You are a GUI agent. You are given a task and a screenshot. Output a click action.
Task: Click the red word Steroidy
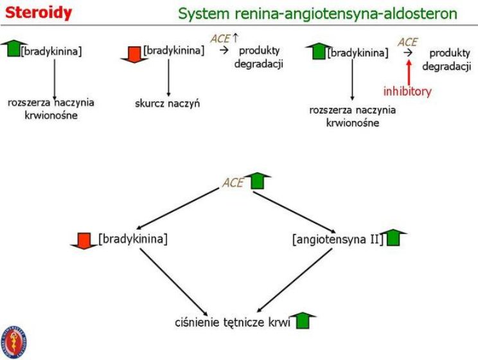point(39,13)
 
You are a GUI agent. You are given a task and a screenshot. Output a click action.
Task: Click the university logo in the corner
point(14,342)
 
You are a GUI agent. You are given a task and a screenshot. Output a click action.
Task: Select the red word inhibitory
point(407,91)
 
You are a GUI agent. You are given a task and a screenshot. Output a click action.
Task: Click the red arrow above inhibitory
point(409,72)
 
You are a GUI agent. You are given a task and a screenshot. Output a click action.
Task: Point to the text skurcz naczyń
point(167,104)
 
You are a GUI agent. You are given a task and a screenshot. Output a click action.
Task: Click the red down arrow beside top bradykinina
point(134,55)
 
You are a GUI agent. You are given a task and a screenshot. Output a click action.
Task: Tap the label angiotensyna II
point(337,239)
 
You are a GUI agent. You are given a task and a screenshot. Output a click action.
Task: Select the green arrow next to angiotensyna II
point(394,237)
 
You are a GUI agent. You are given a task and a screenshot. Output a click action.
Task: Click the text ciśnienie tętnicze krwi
point(233,322)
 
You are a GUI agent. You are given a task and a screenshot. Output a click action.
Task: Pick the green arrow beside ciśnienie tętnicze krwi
point(303,320)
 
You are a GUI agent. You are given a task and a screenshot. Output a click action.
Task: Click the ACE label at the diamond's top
point(233,183)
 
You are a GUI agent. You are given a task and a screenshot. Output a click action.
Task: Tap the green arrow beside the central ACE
point(258,181)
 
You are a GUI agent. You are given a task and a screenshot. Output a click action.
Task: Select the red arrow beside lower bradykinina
point(84,241)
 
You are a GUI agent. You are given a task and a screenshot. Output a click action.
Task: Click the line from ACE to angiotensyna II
point(294,212)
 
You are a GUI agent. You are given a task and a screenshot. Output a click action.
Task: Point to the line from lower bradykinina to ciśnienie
point(173,282)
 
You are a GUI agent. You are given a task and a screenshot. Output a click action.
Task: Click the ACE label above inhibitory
point(407,42)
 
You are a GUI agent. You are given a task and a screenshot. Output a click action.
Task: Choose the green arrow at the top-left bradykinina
point(13,48)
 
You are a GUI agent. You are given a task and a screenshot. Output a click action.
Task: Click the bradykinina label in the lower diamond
point(133,239)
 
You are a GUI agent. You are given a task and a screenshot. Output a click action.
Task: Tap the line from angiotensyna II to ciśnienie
point(294,280)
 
